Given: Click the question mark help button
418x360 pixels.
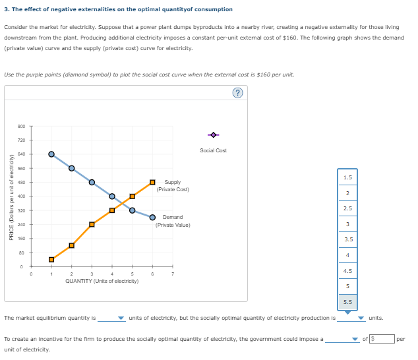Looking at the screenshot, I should coord(237,93).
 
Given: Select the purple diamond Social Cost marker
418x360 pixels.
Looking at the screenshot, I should coord(213,135).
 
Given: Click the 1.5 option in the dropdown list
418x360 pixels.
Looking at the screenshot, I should coord(347,177).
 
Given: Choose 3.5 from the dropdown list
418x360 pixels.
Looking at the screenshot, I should coord(347,239).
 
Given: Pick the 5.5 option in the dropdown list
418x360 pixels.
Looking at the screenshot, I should coord(347,301).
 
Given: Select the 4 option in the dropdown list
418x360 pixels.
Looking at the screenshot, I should coord(347,255).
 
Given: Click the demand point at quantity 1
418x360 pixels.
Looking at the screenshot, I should coord(51,154).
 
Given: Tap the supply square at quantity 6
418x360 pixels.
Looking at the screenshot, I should coord(152,182).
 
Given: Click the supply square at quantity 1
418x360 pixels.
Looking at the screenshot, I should coord(51,259).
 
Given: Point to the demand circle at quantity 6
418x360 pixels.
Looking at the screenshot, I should coord(152,217).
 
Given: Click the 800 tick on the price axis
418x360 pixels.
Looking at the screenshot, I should coord(21,126).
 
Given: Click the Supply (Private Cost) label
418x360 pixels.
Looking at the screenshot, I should coord(173,186).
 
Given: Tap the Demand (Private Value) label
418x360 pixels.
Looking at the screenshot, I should coord(173,221).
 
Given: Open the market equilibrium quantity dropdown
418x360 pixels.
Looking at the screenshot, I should coord(111,318).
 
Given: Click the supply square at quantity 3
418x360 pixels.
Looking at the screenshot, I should coord(92,224).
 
